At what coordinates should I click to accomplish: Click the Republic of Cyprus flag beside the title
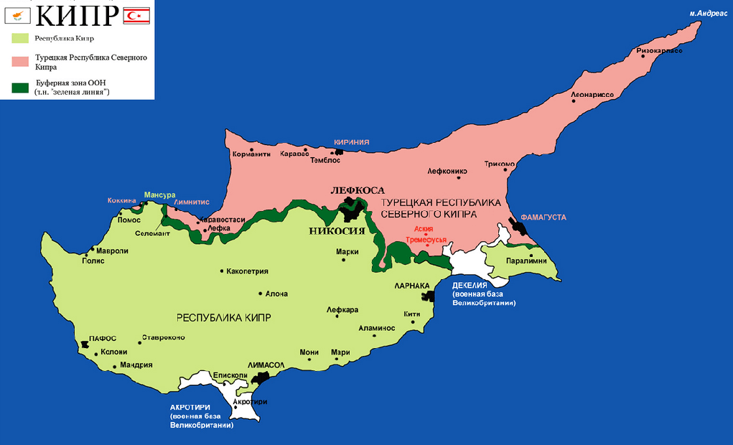[17, 14]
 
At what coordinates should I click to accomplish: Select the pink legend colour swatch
[19, 62]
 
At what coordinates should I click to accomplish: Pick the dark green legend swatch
[19, 88]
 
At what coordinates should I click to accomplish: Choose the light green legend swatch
[19, 38]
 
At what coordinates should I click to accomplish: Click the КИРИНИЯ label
[351, 143]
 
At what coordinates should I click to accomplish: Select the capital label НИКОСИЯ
[337, 231]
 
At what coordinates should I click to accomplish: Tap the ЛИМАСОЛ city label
[266, 365]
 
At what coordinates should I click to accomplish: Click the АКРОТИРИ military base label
[190, 407]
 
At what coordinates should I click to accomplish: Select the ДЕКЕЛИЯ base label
[470, 285]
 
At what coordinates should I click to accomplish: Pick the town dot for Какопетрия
[221, 271]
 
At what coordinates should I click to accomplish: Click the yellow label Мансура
[159, 195]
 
